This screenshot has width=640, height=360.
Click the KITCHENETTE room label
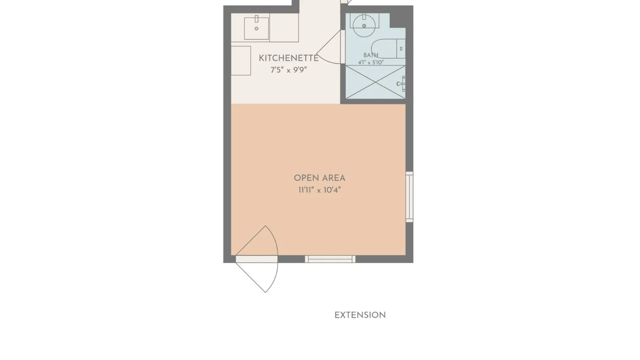(x=289, y=58)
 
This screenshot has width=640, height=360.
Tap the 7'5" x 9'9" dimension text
(x=289, y=70)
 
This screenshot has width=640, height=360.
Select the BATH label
(x=371, y=55)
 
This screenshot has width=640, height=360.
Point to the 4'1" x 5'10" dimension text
(x=371, y=62)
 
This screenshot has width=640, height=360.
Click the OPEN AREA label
(x=319, y=178)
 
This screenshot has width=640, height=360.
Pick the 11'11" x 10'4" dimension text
(x=319, y=190)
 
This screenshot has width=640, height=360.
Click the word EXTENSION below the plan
(x=360, y=315)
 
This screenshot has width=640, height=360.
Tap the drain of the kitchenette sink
(x=256, y=29)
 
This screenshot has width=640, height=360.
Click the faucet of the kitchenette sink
(x=256, y=19)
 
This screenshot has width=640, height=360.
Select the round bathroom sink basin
(x=364, y=26)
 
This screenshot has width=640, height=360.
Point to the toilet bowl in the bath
(x=383, y=49)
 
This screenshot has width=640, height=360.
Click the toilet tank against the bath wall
(x=401, y=49)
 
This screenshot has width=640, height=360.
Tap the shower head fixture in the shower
(x=401, y=83)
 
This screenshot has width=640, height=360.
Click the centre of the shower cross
(x=375, y=82)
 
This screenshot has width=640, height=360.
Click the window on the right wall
(x=409, y=197)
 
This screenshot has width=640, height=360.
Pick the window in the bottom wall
(x=330, y=259)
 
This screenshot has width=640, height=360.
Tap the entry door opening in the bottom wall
(x=257, y=259)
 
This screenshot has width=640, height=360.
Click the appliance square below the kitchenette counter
(x=241, y=61)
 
